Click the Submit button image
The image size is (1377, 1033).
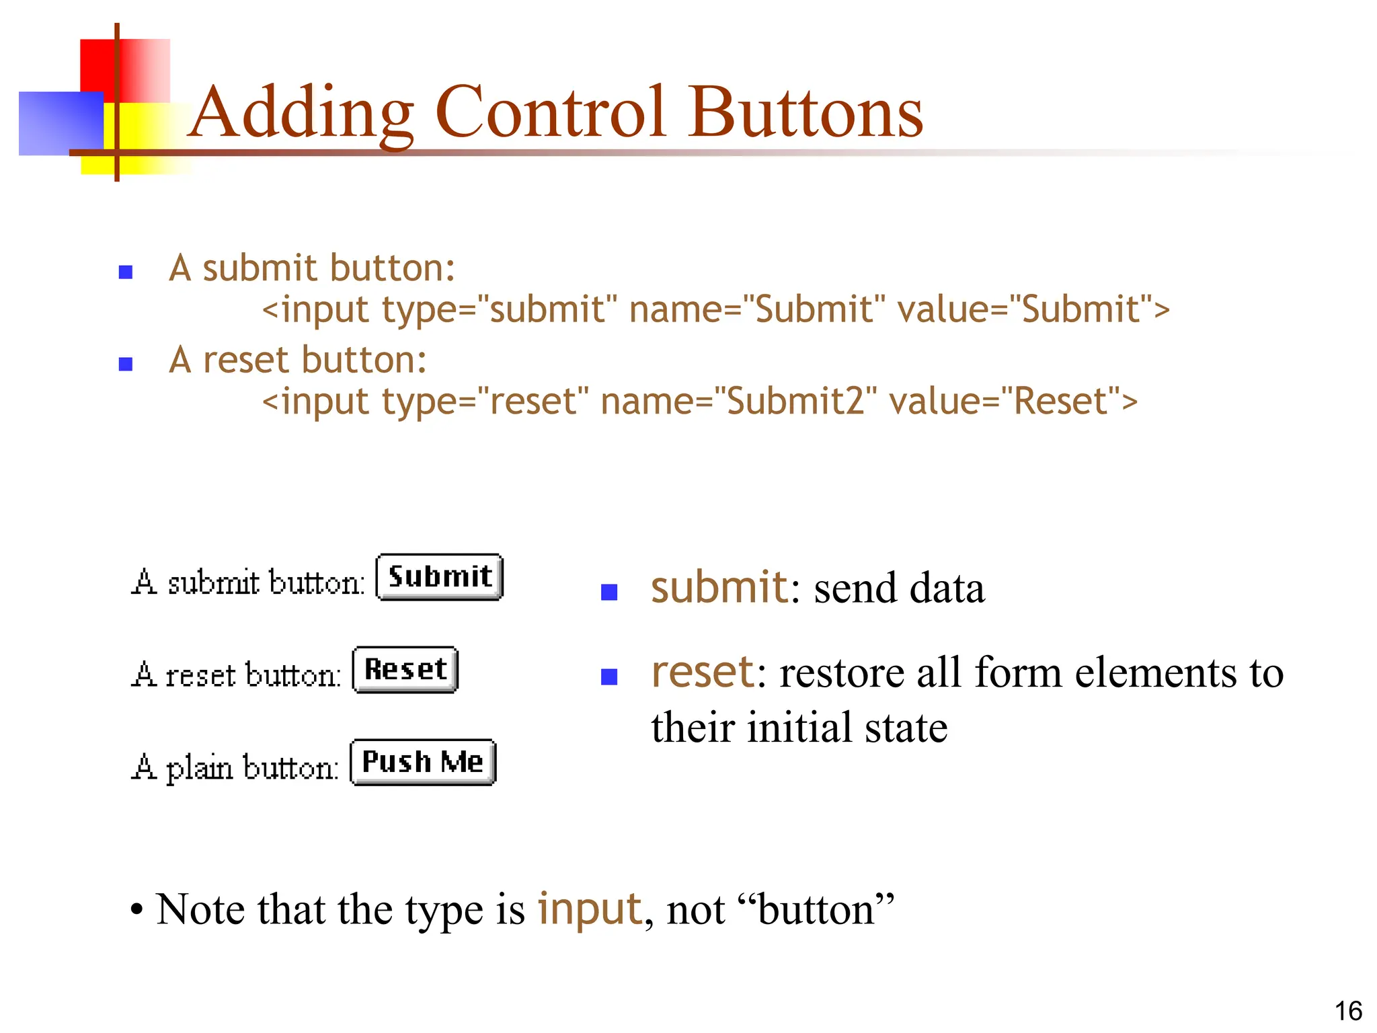pyautogui.click(x=439, y=577)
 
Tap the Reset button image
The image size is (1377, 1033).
pyautogui.click(x=405, y=670)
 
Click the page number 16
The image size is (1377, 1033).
pyautogui.click(x=1348, y=1011)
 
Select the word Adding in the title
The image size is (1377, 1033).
pyautogui.click(x=301, y=113)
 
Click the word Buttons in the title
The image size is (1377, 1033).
pyautogui.click(x=806, y=113)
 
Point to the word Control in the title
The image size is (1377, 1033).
pyautogui.click(x=551, y=113)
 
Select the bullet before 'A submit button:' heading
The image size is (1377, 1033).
pyautogui.click(x=126, y=272)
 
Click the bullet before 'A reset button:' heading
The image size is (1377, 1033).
pyautogui.click(x=126, y=365)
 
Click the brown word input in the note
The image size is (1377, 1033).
pyautogui.click(x=590, y=909)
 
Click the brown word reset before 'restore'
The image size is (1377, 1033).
pyautogui.click(x=703, y=672)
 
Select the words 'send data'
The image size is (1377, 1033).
pyautogui.click(x=899, y=588)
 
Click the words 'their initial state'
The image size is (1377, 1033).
pyautogui.click(x=799, y=728)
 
